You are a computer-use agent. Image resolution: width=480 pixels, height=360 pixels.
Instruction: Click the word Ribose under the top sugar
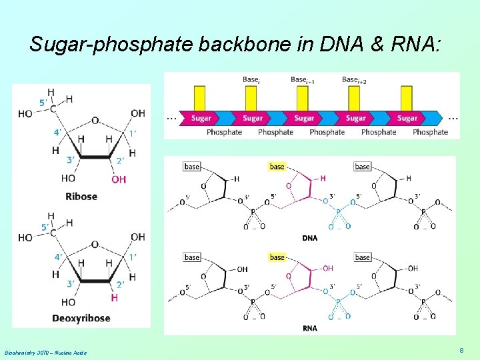pyautogui.click(x=81, y=196)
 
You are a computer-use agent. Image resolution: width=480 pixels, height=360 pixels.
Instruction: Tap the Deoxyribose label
pyautogui.click(x=81, y=318)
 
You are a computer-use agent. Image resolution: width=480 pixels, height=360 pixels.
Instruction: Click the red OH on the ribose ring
pyautogui.click(x=119, y=179)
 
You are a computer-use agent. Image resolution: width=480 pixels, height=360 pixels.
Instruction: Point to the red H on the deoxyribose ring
pyautogui.click(x=114, y=297)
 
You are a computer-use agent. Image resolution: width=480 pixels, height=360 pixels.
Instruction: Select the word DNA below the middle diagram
pyautogui.click(x=309, y=238)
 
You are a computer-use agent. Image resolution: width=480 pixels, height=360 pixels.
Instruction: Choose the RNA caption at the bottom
pyautogui.click(x=309, y=328)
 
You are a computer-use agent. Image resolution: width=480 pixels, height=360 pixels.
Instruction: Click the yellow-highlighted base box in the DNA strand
pyautogui.click(x=277, y=167)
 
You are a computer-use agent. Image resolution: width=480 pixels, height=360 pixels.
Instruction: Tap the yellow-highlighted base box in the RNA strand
pyautogui.click(x=277, y=257)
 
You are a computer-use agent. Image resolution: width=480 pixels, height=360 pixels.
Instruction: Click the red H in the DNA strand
pyautogui.click(x=323, y=178)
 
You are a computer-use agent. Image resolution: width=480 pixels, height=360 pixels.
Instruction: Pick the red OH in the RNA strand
pyautogui.click(x=327, y=269)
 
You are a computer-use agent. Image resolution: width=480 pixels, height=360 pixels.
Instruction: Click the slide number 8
pyautogui.click(x=461, y=350)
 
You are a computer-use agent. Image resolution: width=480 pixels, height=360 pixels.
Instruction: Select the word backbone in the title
pyautogui.click(x=227, y=45)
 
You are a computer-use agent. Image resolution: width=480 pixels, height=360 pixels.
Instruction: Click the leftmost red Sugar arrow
pyautogui.click(x=200, y=118)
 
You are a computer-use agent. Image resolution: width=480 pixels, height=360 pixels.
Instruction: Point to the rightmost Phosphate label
pyautogui.click(x=430, y=132)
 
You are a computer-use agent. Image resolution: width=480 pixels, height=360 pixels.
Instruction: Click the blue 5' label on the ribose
pyautogui.click(x=43, y=103)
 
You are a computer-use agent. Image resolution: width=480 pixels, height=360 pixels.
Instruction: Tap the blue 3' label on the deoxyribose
pyautogui.click(x=71, y=285)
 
